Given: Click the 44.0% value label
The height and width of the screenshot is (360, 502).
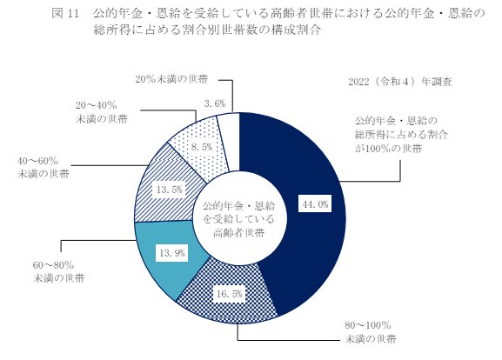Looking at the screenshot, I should [x=314, y=205].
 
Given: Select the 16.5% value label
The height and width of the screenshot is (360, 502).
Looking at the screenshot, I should [x=231, y=295].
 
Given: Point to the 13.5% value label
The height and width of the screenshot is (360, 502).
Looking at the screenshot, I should [x=166, y=189].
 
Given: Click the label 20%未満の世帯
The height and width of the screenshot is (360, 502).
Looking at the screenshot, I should [x=172, y=79].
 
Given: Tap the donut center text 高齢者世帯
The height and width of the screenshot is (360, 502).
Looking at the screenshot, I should [x=238, y=233].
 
